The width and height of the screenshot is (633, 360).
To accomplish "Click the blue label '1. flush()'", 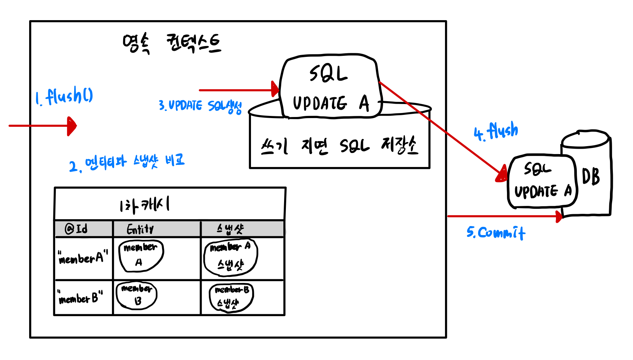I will point(64,96).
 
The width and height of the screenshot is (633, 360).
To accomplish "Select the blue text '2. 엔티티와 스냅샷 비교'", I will point(127,163).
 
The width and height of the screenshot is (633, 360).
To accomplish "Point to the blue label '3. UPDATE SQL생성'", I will point(200,106).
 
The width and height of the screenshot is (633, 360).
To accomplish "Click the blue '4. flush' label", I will point(496,131).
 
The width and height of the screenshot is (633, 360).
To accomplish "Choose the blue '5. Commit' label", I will point(496,233).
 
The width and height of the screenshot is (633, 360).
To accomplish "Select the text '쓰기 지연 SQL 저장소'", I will point(339,146).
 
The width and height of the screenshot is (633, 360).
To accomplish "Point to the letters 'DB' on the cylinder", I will point(591,177).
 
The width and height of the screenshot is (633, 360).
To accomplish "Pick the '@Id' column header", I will point(76,229).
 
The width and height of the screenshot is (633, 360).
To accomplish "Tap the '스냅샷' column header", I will point(230,229).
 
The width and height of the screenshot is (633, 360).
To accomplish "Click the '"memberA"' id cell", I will point(83,257).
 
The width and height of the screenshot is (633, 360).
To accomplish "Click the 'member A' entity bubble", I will point(141,255).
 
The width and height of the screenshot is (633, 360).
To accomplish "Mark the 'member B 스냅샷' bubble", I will point(232,297).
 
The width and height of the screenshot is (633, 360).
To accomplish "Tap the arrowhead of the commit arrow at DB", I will point(559,216).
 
